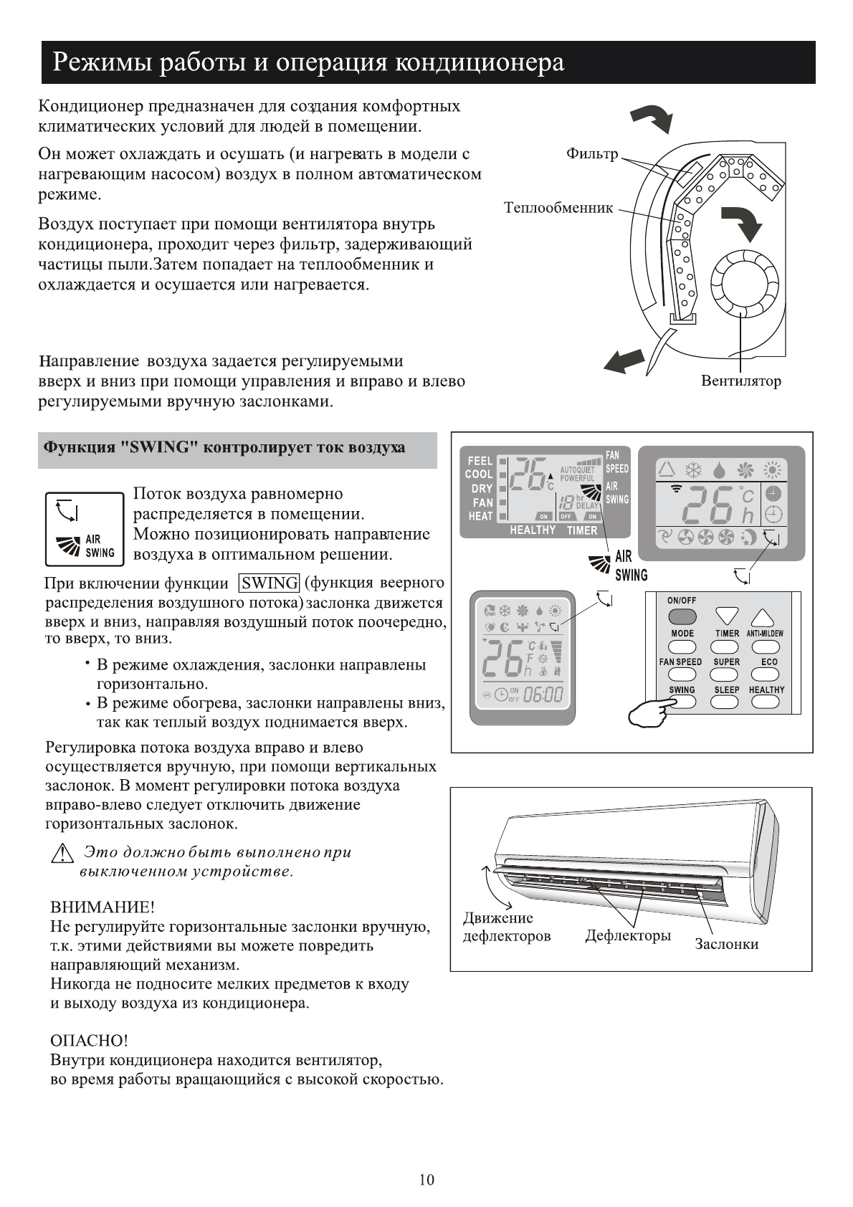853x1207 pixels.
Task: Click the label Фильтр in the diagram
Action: pyautogui.click(x=591, y=154)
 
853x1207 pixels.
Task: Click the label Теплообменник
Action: pyautogui.click(x=558, y=209)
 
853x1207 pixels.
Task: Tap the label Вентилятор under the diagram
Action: pyautogui.click(x=740, y=381)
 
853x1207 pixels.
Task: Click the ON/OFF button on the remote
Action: pyautogui.click(x=682, y=616)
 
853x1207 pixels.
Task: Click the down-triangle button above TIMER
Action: pyautogui.click(x=727, y=616)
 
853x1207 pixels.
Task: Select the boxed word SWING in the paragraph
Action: pyautogui.click(x=270, y=583)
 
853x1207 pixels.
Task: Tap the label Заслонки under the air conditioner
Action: pyautogui.click(x=726, y=944)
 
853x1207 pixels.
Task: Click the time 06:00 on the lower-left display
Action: pyautogui.click(x=543, y=695)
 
